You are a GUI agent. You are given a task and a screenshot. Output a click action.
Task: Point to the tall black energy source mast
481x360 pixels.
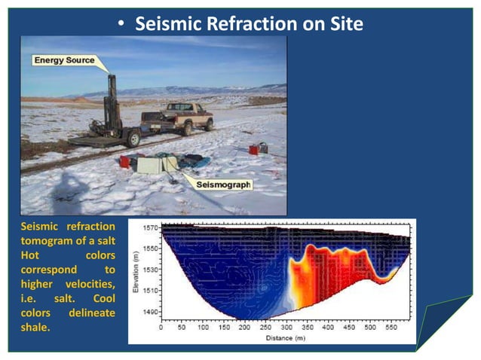pyautogui.click(x=112, y=102)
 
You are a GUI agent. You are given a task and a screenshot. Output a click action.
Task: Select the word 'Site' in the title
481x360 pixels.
pyautogui.click(x=345, y=24)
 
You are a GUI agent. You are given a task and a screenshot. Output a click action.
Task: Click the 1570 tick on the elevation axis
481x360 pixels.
pyautogui.click(x=151, y=227)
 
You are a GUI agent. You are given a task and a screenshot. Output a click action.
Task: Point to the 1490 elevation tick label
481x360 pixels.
pyautogui.click(x=151, y=312)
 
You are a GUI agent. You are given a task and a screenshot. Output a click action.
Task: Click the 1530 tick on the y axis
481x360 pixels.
pyautogui.click(x=151, y=270)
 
